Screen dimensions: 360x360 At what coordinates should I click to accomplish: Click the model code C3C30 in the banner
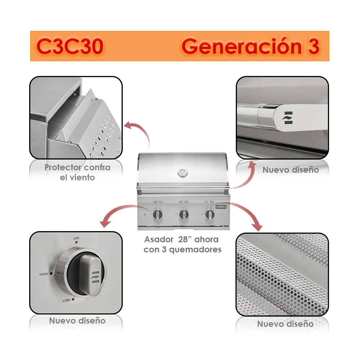(x=70, y=46)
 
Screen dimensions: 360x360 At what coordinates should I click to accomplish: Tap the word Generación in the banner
(x=241, y=46)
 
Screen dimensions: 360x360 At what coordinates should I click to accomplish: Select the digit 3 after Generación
(x=314, y=46)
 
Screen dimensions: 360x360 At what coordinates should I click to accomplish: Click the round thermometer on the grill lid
(x=183, y=172)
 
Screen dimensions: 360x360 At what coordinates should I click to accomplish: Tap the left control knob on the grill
(x=158, y=215)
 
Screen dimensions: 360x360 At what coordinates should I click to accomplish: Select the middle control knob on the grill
(x=184, y=215)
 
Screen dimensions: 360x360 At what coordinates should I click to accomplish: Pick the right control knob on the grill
(x=210, y=215)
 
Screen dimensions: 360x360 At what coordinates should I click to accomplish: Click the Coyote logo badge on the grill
(x=221, y=207)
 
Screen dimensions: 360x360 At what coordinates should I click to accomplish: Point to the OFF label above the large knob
(x=76, y=239)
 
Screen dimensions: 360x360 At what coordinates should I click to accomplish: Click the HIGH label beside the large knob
(x=44, y=274)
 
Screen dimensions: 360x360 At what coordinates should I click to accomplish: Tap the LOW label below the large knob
(x=66, y=300)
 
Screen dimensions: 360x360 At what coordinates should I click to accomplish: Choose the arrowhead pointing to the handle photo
(x=252, y=165)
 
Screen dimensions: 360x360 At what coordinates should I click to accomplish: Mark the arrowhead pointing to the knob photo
(x=105, y=223)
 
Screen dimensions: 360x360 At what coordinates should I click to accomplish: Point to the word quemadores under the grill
(x=195, y=250)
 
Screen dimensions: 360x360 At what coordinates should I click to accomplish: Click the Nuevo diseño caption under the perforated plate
(x=285, y=324)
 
